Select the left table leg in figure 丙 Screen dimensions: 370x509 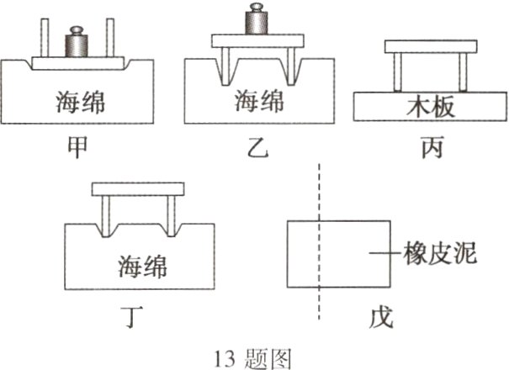coord(396,71)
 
